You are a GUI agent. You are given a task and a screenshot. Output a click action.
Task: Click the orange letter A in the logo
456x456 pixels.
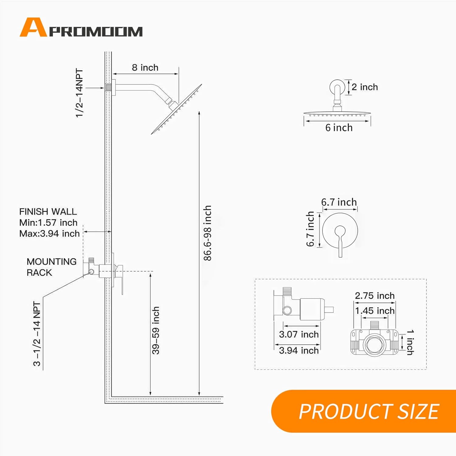coord(33,27)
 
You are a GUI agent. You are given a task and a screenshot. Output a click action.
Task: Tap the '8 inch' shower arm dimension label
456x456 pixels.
coord(145,67)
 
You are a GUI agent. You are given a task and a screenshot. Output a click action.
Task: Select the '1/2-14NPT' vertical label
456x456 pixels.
coord(79,93)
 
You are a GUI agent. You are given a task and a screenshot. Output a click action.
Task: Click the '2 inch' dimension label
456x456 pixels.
coord(365,87)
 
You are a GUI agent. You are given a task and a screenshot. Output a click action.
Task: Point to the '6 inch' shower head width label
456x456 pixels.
coord(339,128)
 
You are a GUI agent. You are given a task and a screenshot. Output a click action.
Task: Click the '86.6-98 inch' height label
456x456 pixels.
coord(207,233)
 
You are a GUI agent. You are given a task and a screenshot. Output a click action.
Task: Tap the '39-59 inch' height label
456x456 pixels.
coord(156,330)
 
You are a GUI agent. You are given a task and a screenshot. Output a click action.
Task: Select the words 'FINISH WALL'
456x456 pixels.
coord(48,212)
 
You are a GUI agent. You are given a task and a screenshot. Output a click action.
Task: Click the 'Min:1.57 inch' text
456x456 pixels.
coord(48,223)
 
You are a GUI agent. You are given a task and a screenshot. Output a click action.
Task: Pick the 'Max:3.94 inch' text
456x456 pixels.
coord(50,233)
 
